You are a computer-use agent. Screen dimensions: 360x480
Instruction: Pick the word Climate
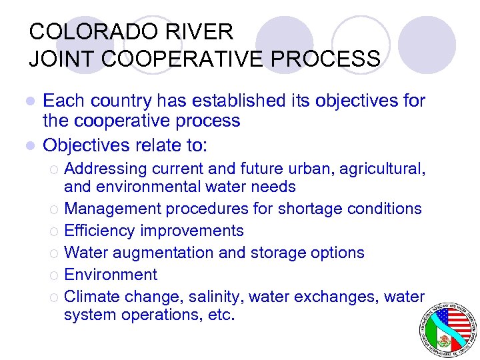91,296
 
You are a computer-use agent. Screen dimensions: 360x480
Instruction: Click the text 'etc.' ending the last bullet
220,315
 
